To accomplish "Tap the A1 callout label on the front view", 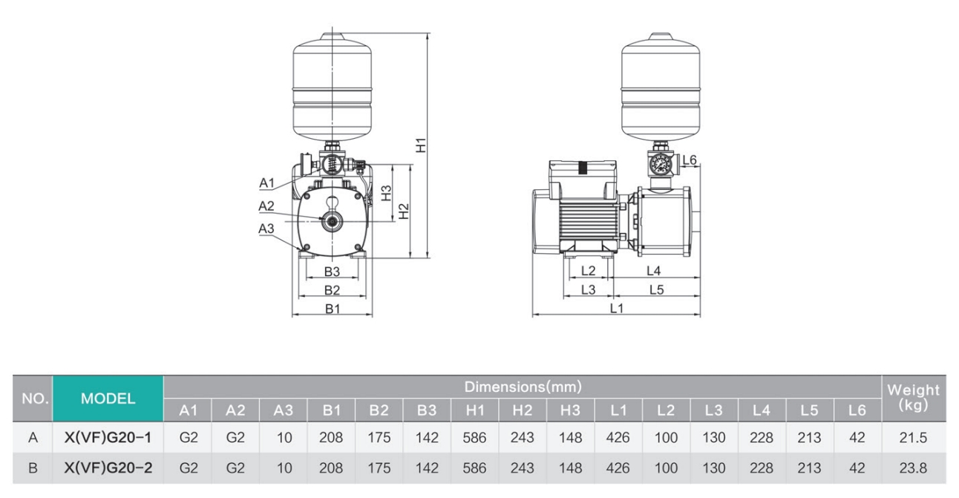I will click(x=267, y=183).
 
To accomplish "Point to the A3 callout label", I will click(x=266, y=229).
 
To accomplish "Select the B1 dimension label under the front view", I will click(x=332, y=309).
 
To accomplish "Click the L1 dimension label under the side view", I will click(x=616, y=309).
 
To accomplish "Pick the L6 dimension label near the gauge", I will click(x=690, y=160).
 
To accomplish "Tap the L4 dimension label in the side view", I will click(x=653, y=272).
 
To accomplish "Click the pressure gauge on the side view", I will click(x=657, y=164).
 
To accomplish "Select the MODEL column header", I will click(x=108, y=399).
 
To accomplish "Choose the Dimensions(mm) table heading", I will click(x=523, y=387).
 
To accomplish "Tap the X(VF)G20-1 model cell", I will click(x=108, y=438).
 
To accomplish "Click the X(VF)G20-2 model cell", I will click(x=108, y=469).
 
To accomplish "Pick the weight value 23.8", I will click(x=917, y=469).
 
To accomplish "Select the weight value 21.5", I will click(x=917, y=438).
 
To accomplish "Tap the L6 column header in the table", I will click(x=857, y=410).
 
